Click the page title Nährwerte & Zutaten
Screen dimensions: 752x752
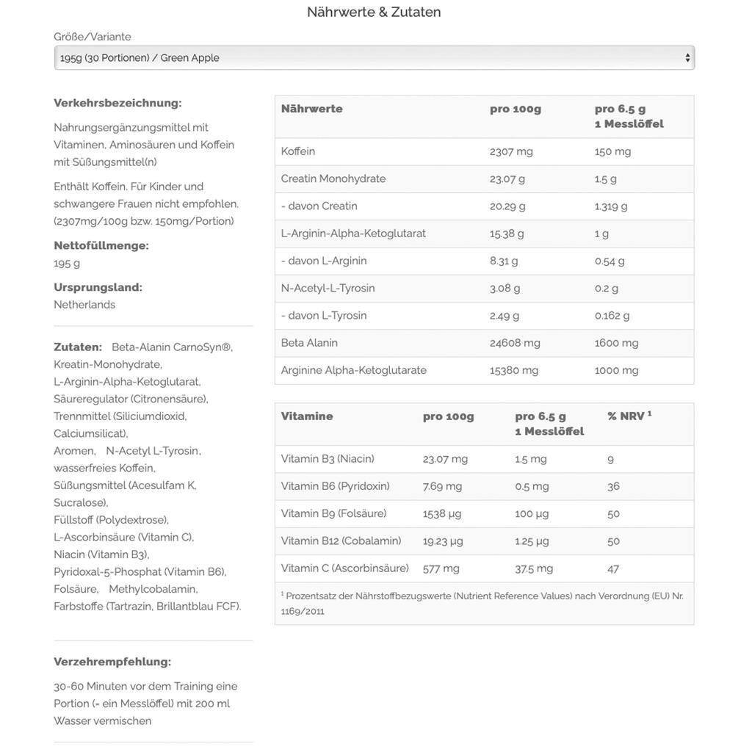click(374, 12)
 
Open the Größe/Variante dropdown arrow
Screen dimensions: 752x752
click(687, 58)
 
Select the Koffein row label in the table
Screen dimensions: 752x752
click(298, 151)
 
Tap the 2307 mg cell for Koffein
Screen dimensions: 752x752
click(511, 151)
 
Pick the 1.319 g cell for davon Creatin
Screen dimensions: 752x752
click(611, 206)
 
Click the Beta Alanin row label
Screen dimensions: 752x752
click(309, 343)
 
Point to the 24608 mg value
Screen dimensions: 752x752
click(515, 343)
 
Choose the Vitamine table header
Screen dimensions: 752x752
click(307, 416)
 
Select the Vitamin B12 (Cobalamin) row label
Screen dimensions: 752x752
click(341, 541)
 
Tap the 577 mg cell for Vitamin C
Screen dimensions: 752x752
click(441, 568)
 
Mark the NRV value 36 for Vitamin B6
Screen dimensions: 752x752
click(613, 486)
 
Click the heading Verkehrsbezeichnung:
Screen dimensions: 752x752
click(117, 103)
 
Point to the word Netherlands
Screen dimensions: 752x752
click(84, 305)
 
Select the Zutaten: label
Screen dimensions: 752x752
click(78, 347)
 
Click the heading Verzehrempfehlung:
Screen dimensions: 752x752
click(112, 662)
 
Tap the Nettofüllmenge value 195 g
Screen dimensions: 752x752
click(67, 263)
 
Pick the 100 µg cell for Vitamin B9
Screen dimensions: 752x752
click(532, 514)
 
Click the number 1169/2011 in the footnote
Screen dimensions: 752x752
click(303, 612)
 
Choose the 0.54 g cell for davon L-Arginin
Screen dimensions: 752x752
click(610, 261)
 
